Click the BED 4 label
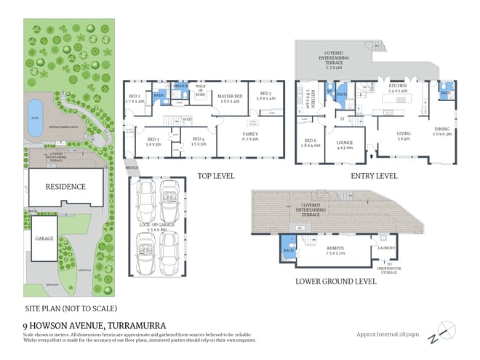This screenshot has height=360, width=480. pyautogui.click(x=198, y=140)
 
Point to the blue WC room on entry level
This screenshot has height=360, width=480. pyautogui.click(x=329, y=93)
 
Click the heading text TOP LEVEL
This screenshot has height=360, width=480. pyautogui.click(x=216, y=176)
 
